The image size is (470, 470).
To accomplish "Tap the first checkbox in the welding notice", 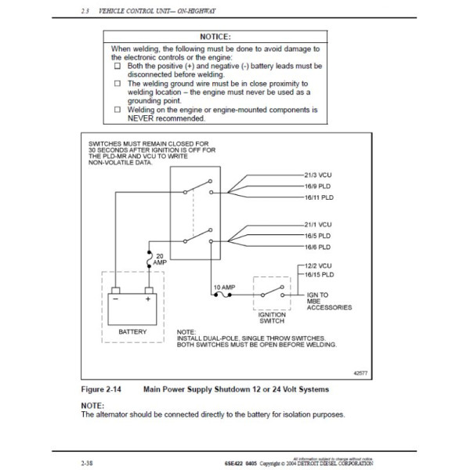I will pos(117,67).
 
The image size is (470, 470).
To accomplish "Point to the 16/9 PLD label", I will pos(316,187).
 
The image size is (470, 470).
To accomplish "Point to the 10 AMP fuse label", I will pos(223,287).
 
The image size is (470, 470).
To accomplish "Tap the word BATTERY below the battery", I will pos(132,332).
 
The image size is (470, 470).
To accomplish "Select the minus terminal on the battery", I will pos(115,299).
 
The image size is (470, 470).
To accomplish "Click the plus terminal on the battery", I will pos(146,299).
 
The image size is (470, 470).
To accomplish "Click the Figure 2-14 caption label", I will pos(107,389).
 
